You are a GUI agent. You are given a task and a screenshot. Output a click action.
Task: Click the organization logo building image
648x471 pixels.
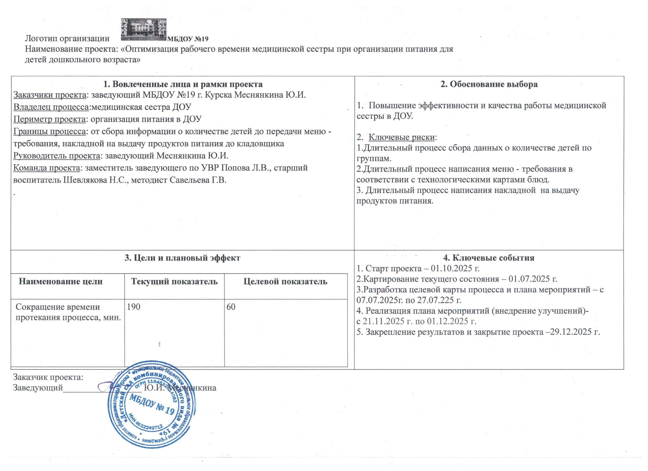coord(143,29)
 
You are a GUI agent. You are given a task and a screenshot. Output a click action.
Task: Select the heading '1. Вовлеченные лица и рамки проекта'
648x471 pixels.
coord(183,84)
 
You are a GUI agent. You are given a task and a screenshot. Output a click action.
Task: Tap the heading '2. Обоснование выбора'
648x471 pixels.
coord(489,84)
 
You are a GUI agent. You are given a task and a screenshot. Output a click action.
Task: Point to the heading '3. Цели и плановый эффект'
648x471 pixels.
coord(183,258)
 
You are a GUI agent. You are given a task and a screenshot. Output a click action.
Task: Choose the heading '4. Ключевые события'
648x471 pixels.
coord(489,258)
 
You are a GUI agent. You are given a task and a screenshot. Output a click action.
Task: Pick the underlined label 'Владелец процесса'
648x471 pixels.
coord(51,107)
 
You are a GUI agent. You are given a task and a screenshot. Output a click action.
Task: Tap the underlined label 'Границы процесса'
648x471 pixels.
coord(50,131)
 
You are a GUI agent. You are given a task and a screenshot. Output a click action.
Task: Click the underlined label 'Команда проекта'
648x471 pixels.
coord(47,168)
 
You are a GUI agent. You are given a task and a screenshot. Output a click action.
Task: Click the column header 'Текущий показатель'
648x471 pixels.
coord(174,281)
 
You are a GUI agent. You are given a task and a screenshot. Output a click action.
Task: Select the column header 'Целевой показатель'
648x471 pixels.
coord(285,281)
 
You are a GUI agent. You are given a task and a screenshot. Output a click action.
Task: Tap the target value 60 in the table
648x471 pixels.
coord(231,307)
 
